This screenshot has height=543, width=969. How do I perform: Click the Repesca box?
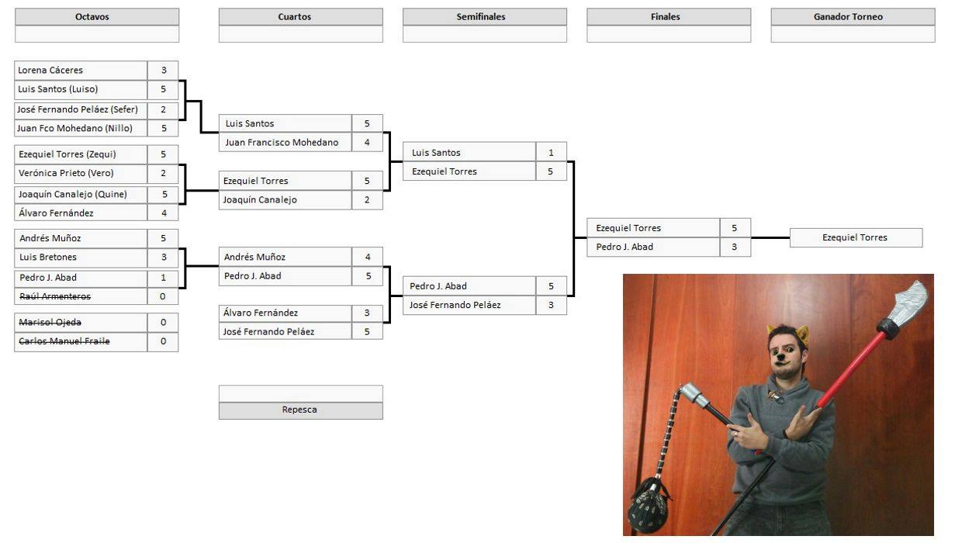300,410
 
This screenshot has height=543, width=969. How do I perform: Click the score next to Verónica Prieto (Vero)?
163,174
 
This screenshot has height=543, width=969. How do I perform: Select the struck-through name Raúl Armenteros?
55,296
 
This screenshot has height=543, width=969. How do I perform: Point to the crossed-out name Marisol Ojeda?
50,323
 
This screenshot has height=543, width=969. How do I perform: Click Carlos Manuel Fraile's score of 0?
163,341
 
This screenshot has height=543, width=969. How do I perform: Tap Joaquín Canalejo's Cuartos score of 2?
367,200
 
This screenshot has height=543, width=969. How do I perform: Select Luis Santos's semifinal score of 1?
551,153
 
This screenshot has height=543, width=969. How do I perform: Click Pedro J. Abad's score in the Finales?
735,247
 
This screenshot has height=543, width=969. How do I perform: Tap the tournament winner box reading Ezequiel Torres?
856,238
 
